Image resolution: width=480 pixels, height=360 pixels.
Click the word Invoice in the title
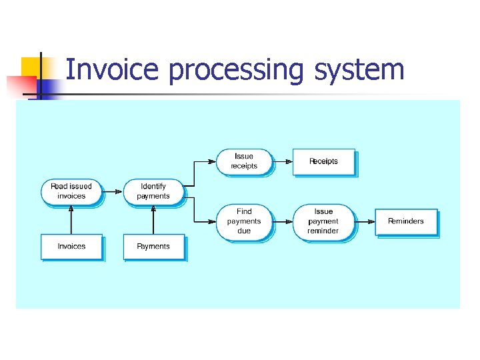(x=112, y=69)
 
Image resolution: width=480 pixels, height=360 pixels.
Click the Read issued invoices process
(x=71, y=191)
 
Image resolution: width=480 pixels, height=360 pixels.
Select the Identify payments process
(x=153, y=191)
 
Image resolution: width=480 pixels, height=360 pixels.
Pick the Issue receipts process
(x=244, y=161)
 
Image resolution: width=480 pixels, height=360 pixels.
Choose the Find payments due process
(x=244, y=221)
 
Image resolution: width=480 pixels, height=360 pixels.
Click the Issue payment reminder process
(x=323, y=221)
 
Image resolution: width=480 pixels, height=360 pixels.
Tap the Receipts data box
(x=323, y=161)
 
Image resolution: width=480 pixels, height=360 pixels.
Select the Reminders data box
(x=405, y=221)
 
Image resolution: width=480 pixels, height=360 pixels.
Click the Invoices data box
(x=71, y=247)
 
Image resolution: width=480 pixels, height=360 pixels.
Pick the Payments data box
(x=153, y=247)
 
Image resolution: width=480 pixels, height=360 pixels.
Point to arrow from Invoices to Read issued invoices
(x=71, y=219)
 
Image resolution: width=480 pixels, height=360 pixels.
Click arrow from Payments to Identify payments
(x=153, y=219)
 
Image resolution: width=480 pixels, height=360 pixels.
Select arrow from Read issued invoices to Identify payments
(x=113, y=192)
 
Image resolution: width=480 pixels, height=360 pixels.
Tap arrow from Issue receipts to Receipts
(x=283, y=161)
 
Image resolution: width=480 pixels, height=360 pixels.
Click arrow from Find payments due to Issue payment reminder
(x=283, y=221)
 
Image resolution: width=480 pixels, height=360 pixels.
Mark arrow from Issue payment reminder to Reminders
(x=365, y=221)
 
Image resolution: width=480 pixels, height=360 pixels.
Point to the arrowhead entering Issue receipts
(x=213, y=161)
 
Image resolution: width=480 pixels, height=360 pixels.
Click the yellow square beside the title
(x=31, y=67)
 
